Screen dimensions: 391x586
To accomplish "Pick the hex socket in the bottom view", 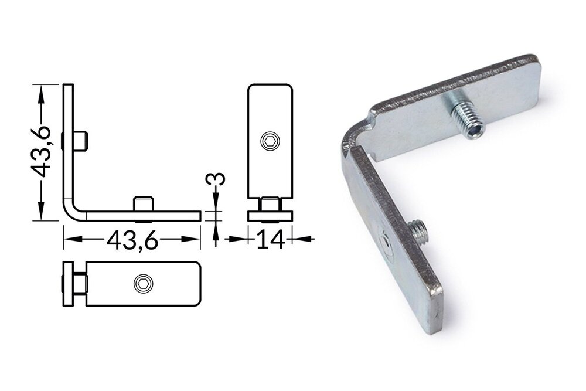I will point(143,284).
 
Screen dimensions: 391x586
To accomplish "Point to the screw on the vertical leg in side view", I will point(81,140).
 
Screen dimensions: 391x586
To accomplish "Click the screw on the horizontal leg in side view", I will point(144,205).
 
